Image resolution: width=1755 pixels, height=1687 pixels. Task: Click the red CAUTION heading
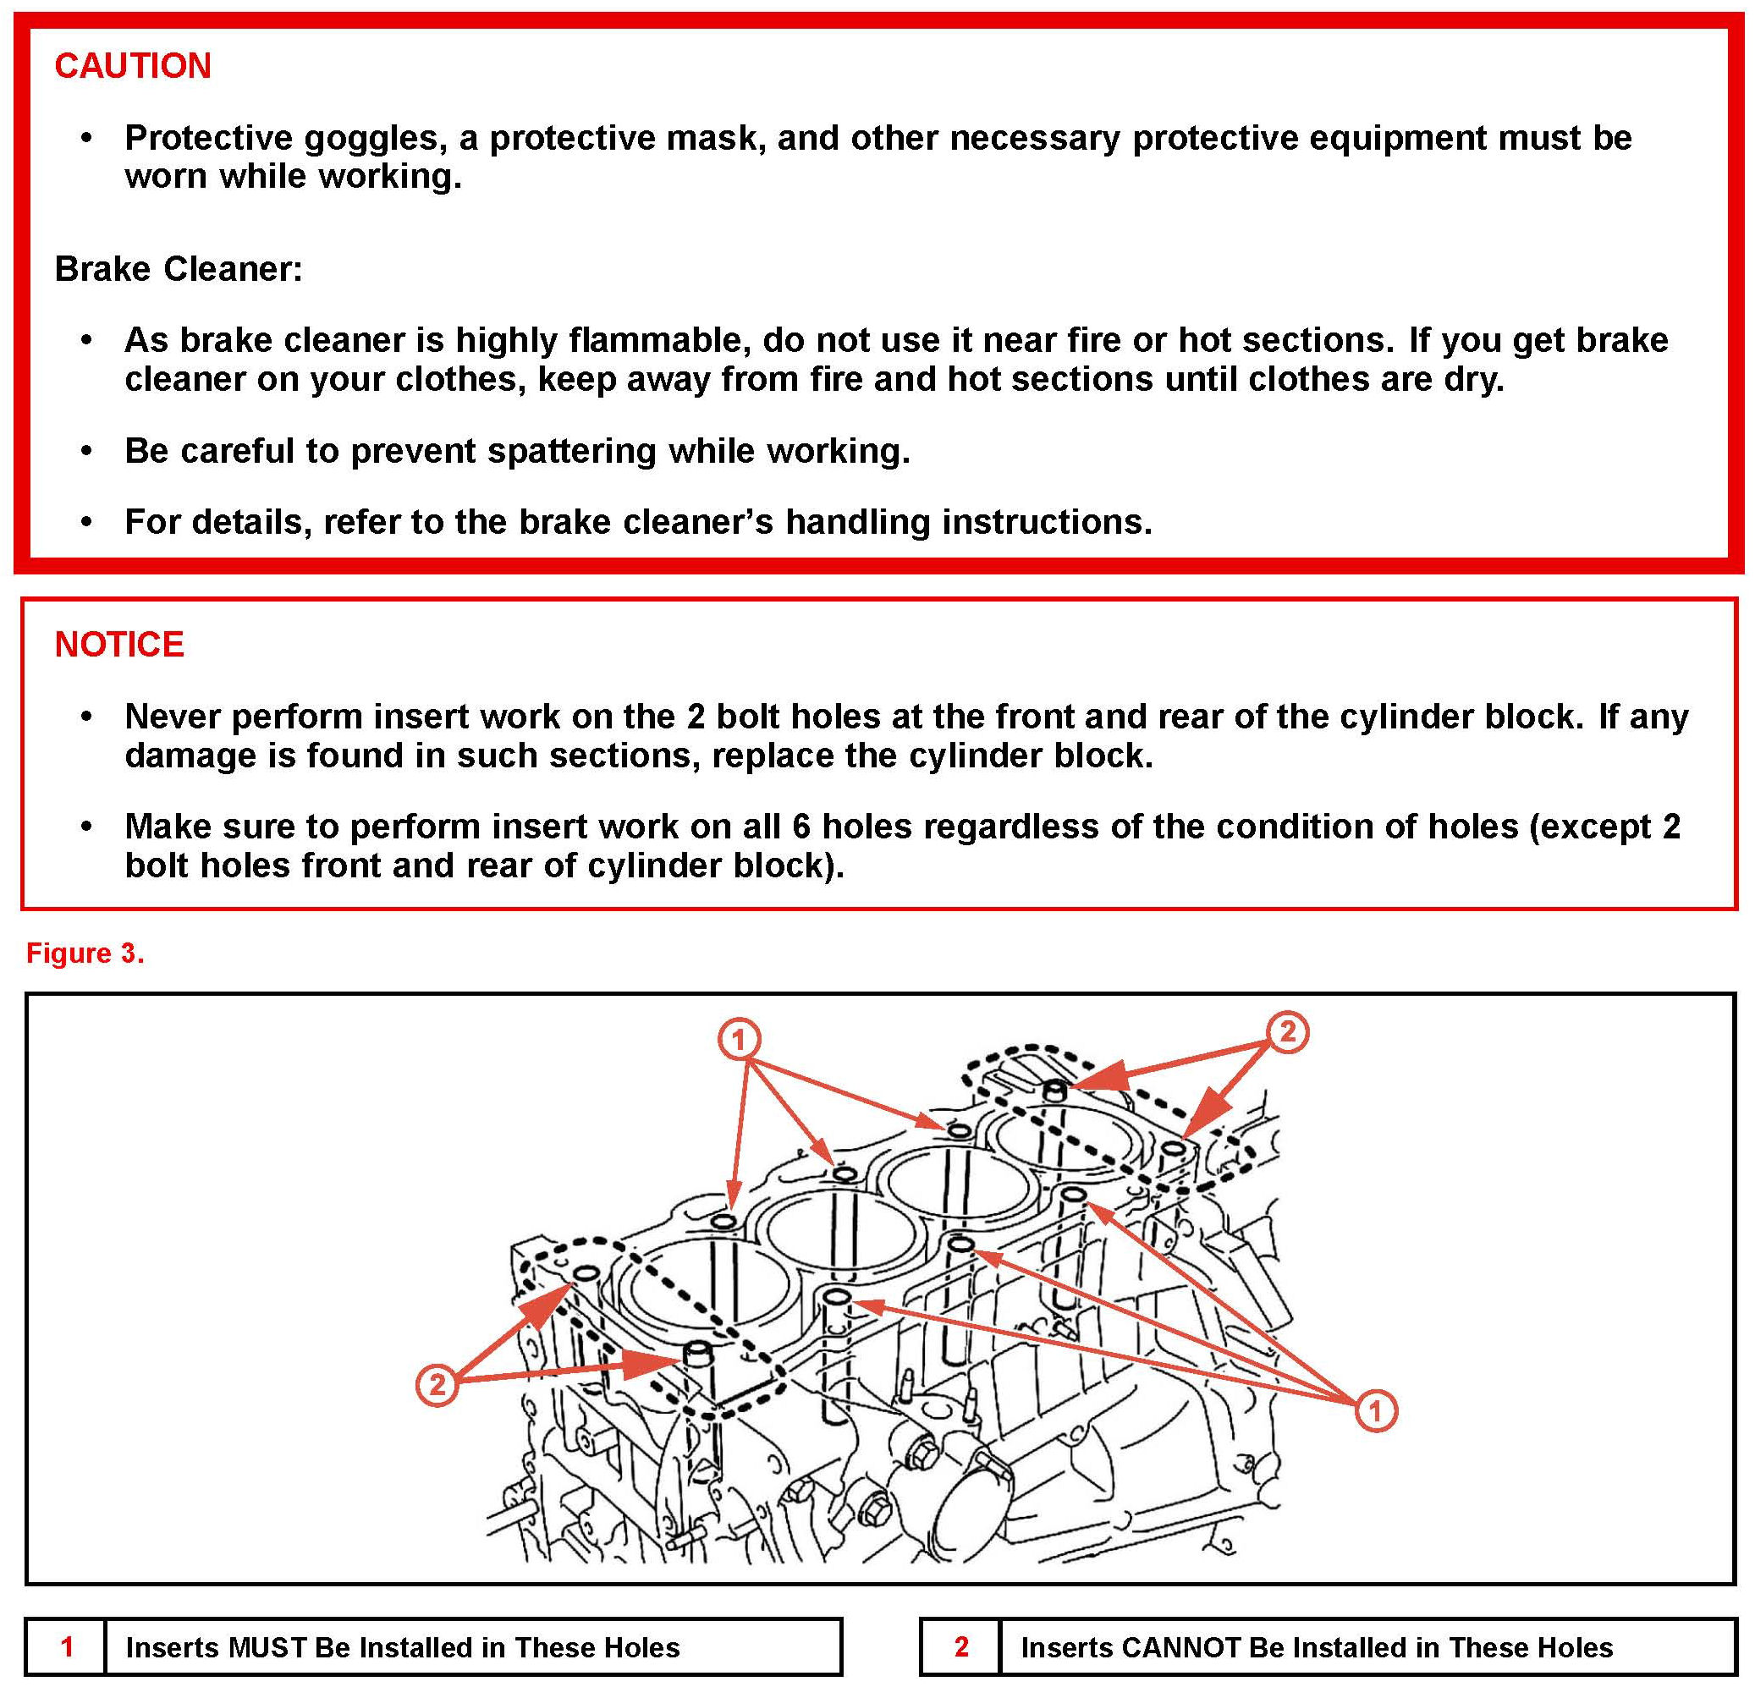click(x=133, y=66)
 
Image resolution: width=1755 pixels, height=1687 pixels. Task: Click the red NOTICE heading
click(x=119, y=645)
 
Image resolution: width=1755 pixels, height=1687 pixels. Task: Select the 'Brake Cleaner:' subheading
click(x=179, y=269)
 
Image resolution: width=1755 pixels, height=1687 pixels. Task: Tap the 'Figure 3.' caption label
click(x=85, y=953)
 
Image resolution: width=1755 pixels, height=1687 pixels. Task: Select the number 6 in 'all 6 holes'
click(x=801, y=827)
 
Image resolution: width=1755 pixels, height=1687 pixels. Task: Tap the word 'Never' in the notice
click(x=172, y=717)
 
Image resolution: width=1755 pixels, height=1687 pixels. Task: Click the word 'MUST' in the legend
click(x=266, y=1647)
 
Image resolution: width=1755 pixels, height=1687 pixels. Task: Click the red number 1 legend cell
click(x=66, y=1646)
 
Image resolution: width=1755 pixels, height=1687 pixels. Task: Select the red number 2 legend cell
click(x=960, y=1646)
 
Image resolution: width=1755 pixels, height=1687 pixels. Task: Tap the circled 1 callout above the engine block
click(x=739, y=1040)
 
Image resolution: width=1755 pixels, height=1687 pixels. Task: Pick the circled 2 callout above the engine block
click(x=1287, y=1031)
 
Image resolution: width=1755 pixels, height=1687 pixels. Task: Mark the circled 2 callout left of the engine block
click(x=437, y=1384)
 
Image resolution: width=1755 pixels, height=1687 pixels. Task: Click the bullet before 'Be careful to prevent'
click(x=86, y=451)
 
